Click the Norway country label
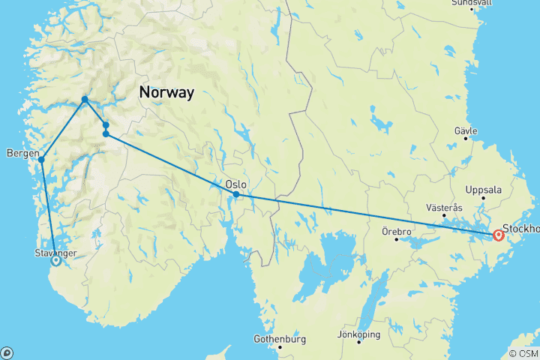pyautogui.click(x=166, y=93)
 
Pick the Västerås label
pyautogui.click(x=445, y=207)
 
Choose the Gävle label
pyautogui.click(x=466, y=130)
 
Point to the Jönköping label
pyautogui.click(x=359, y=334)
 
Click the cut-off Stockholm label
pyautogui.click(x=521, y=228)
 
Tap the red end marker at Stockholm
pyautogui.click(x=499, y=235)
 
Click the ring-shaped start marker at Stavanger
pyautogui.click(x=55, y=261)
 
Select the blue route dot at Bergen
pyautogui.click(x=41, y=159)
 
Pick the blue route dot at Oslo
pyautogui.click(x=236, y=194)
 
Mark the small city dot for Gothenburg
pyautogui.click(x=280, y=346)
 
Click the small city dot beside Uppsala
pyautogui.click(x=483, y=198)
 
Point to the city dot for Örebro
pyautogui.click(x=397, y=238)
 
